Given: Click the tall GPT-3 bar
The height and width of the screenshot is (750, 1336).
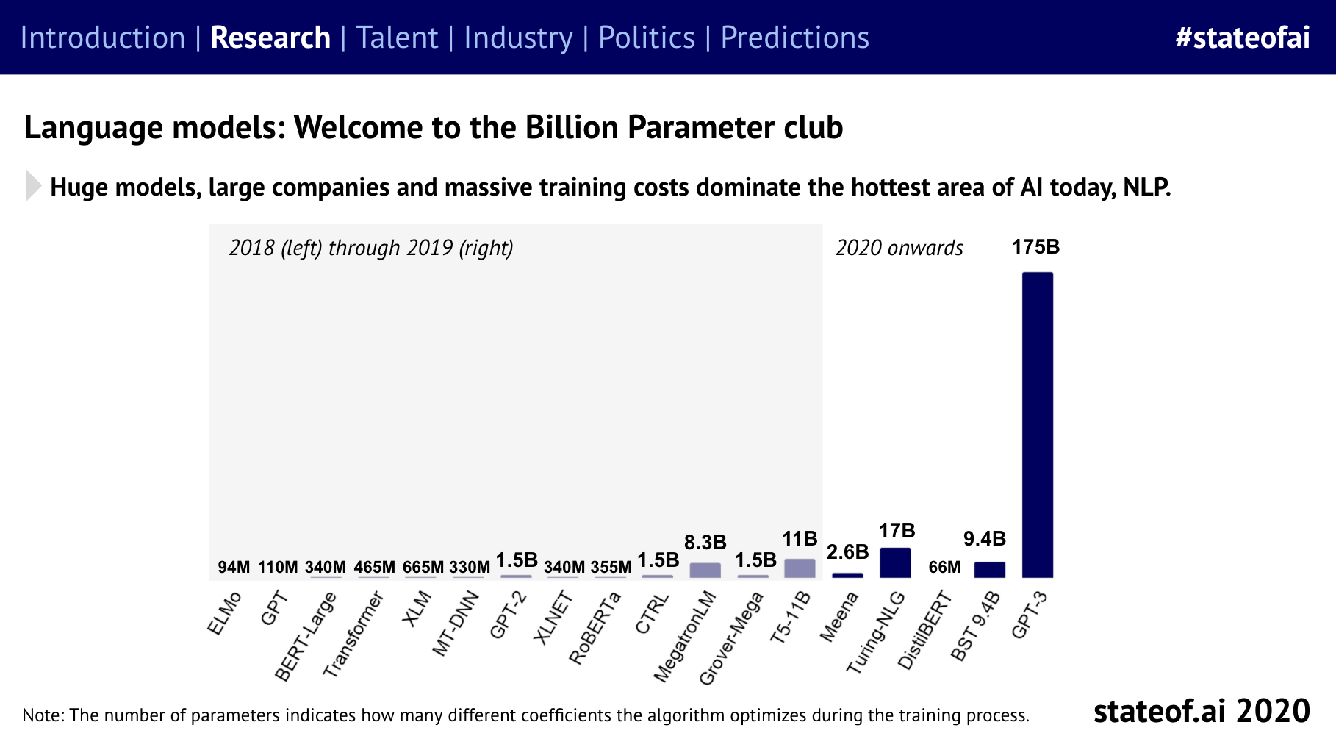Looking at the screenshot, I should click(1037, 424).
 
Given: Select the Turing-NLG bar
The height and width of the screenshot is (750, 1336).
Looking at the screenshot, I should click(895, 562).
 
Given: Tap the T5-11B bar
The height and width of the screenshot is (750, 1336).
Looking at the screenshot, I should click(800, 568).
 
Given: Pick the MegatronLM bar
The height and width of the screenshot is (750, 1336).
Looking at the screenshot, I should click(705, 571).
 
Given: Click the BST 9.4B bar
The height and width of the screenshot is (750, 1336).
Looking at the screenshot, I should click(989, 570).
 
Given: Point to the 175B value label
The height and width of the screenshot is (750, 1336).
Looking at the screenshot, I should click(1035, 247).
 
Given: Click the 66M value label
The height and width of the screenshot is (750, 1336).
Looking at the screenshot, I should click(944, 567).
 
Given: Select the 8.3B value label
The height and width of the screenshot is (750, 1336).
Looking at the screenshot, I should click(705, 543).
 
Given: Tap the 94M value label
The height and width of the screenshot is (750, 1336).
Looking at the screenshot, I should click(234, 567).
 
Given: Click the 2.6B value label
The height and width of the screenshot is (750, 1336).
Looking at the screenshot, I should click(847, 552).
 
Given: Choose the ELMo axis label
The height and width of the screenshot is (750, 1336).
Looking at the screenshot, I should click(224, 614).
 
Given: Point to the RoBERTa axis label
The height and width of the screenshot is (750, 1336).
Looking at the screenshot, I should click(595, 629).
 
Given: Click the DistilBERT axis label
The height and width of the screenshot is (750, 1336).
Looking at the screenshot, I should click(925, 631).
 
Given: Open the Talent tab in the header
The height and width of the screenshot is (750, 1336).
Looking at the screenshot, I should click(397, 37).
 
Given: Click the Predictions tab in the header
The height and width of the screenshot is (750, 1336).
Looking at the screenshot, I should click(794, 37).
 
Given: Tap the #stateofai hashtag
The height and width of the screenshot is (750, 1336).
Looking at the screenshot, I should click(1242, 37).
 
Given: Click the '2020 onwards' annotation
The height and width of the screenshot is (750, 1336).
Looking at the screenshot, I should click(899, 248).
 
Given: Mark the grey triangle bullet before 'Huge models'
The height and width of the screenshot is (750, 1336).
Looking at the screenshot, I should click(33, 186).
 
